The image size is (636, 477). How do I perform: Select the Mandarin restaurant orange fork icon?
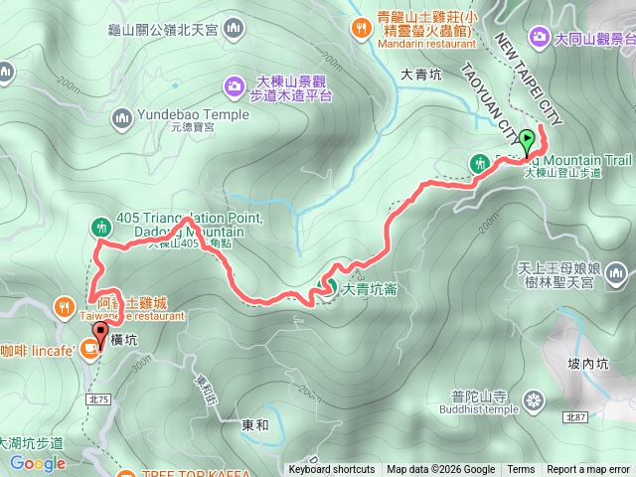pyautogui.click(x=360, y=26)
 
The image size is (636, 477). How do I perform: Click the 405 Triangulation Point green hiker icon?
pyautogui.click(x=99, y=227)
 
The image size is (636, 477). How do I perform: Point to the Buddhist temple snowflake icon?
pyautogui.click(x=535, y=400)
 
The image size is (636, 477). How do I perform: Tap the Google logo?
pyautogui.click(x=38, y=463)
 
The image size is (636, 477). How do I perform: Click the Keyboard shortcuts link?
pyautogui.click(x=331, y=470)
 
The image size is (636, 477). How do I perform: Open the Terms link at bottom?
pyautogui.click(x=521, y=470)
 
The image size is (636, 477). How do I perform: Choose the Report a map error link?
pyautogui.click(x=587, y=470)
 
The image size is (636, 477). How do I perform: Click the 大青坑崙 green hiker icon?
pyautogui.click(x=326, y=290)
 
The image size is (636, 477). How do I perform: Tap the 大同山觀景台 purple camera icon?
pyautogui.click(x=540, y=38)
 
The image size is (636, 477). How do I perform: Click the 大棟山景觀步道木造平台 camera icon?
pyautogui.click(x=234, y=85)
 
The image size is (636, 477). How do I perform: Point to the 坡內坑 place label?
pyautogui.click(x=587, y=365)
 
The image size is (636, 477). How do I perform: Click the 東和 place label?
pyautogui.click(x=255, y=424)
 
